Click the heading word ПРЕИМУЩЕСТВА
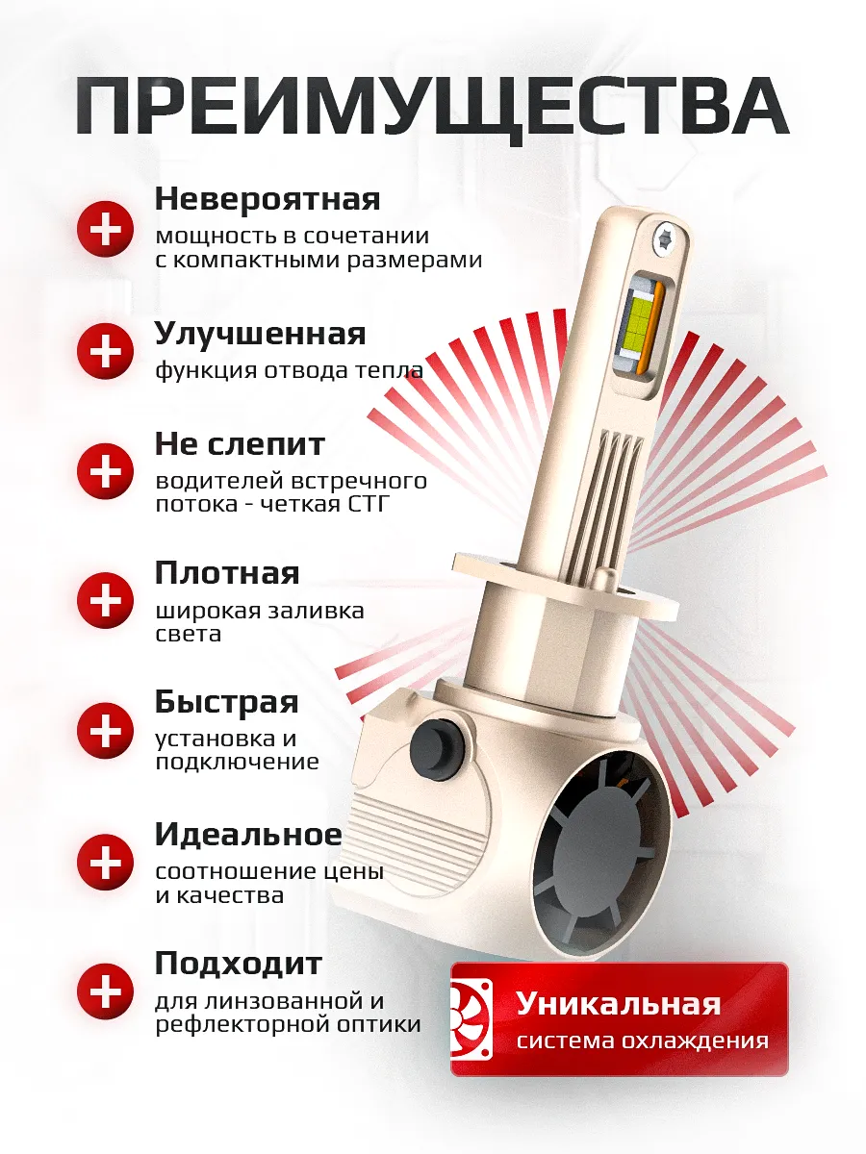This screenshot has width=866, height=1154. pyautogui.click(x=432, y=106)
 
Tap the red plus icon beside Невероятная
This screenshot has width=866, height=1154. pyautogui.click(x=105, y=229)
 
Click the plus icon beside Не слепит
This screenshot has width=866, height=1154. pyautogui.click(x=105, y=470)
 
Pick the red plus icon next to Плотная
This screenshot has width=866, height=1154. pyautogui.click(x=105, y=600)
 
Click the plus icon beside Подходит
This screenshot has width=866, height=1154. pyautogui.click(x=105, y=991)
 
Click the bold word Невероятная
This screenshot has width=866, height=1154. pyautogui.click(x=267, y=199)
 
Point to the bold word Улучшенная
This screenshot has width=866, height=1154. pyautogui.click(x=260, y=334)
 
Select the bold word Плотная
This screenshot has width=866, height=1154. pyautogui.click(x=227, y=573)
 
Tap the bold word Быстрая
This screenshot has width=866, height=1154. pyautogui.click(x=226, y=702)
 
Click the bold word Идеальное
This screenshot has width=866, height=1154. pyautogui.click(x=248, y=834)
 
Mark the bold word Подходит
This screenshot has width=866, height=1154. pyautogui.click(x=239, y=963)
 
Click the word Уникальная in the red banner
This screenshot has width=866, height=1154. pyautogui.click(x=618, y=1004)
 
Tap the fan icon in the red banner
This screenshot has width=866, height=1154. pyautogui.click(x=472, y=1018)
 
